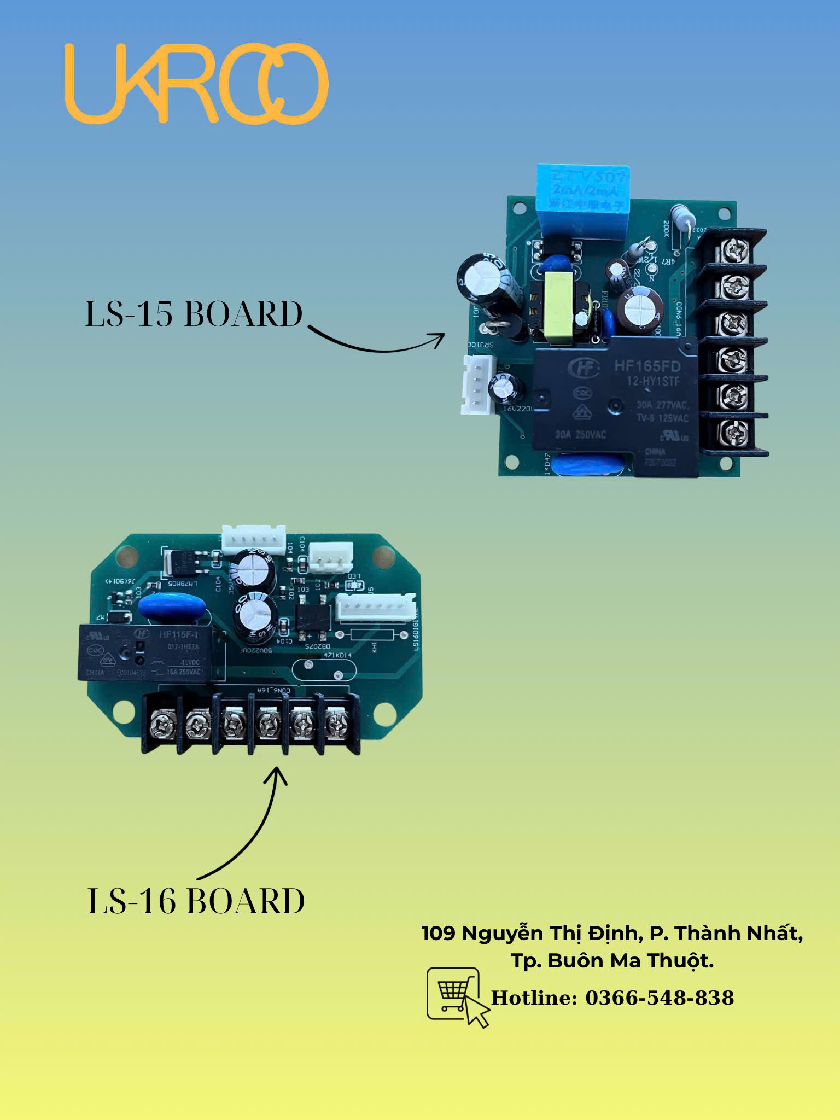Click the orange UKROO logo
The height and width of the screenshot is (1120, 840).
[196, 83]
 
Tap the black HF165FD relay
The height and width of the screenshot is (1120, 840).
[615, 405]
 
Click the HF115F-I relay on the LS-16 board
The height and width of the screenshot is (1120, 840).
[148, 653]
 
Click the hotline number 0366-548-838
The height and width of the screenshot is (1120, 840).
[660, 997]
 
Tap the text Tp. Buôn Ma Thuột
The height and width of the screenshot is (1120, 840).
[612, 960]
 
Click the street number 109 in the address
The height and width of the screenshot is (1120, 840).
[438, 933]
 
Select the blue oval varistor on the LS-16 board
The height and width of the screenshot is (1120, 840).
[172, 607]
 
